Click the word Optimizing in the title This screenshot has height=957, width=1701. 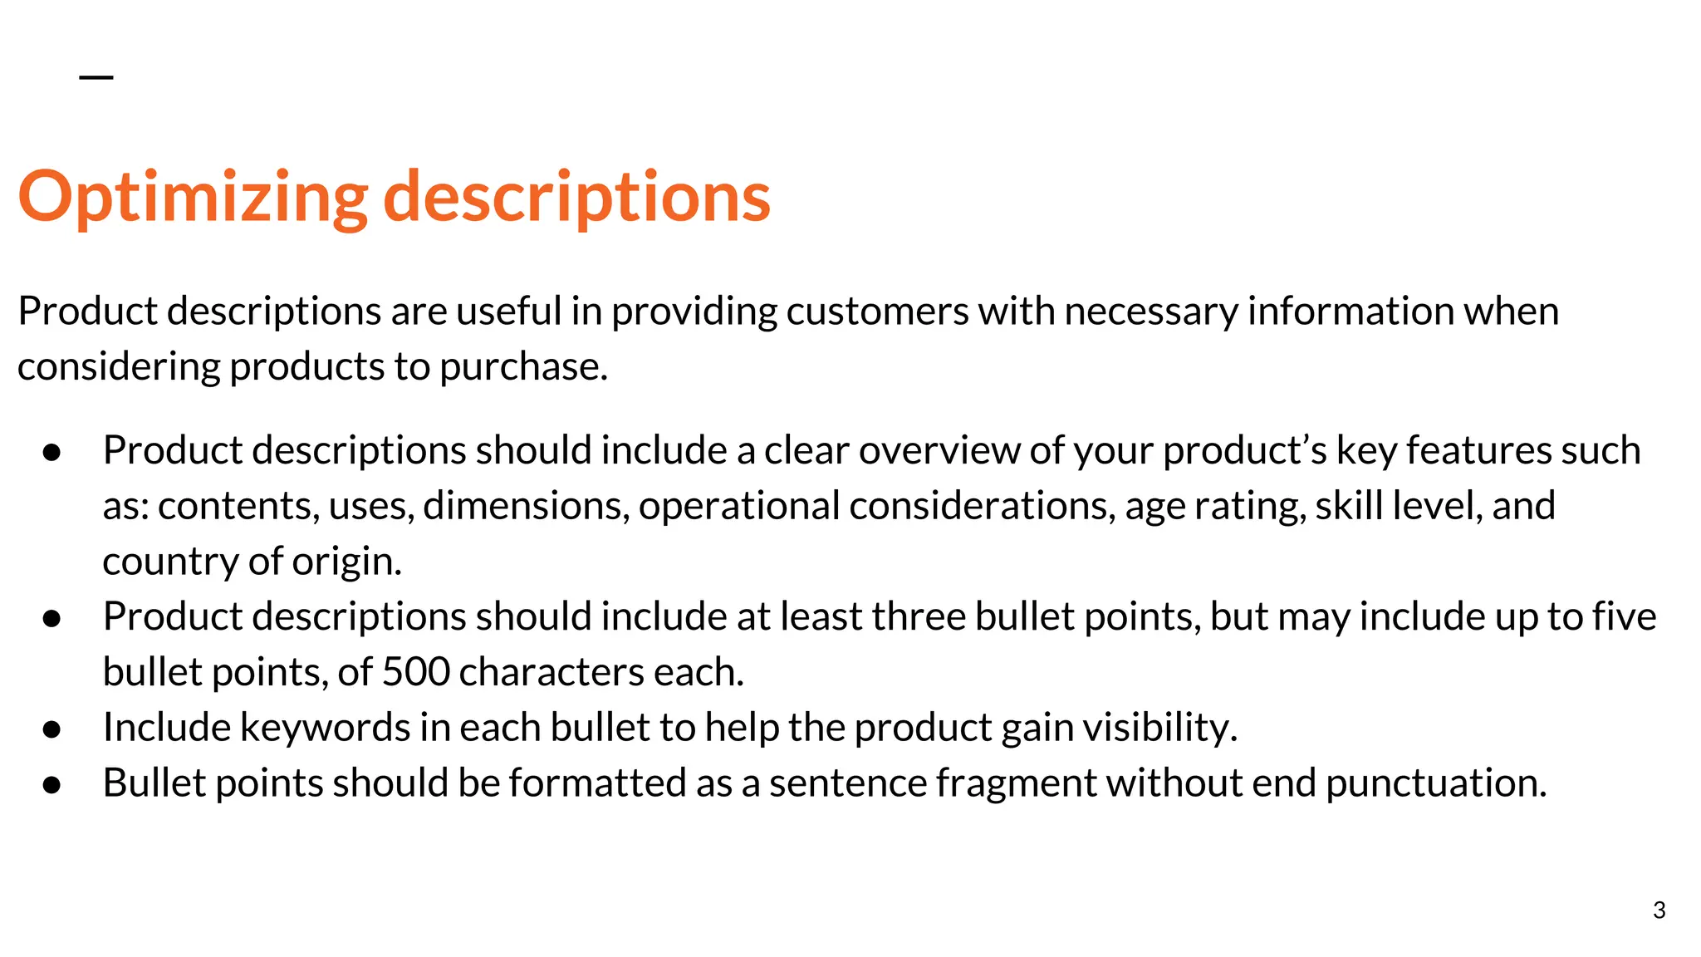[193, 198]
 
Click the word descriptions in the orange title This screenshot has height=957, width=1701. [576, 198]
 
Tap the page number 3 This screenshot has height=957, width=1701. [1659, 910]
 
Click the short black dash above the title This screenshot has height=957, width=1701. [96, 77]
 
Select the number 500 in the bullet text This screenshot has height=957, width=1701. [415, 672]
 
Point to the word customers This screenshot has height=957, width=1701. [877, 312]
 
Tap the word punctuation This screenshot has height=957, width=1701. [1436, 783]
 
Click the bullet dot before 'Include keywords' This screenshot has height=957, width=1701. [51, 729]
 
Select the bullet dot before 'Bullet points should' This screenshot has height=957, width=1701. [51, 785]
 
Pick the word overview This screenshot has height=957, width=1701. [939, 451]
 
